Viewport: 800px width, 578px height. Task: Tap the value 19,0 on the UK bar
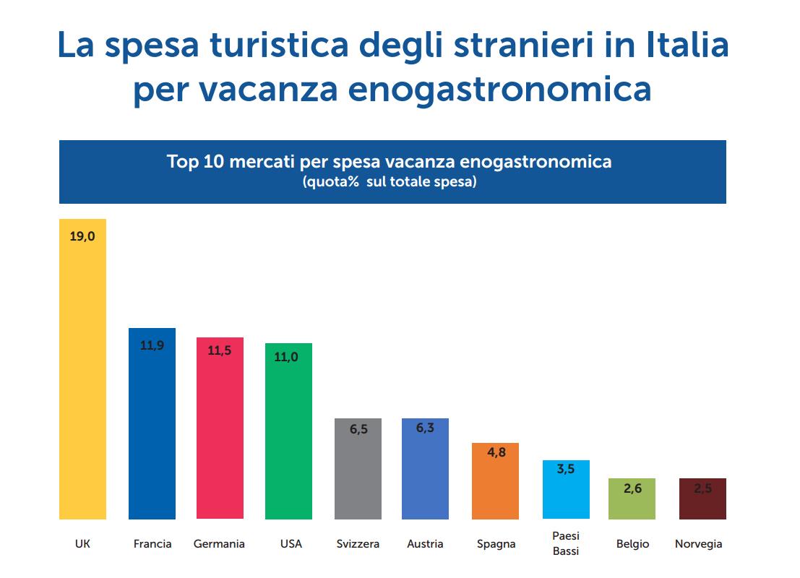[x=82, y=236]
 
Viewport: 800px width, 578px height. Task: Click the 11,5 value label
[x=220, y=351]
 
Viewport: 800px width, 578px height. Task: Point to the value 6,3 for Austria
[x=425, y=428]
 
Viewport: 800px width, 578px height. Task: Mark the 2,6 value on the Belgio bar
[x=632, y=488]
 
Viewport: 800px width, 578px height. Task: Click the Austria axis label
[x=425, y=543]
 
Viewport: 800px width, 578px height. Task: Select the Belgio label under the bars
[x=632, y=544]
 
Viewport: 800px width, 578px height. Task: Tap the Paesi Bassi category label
[x=566, y=543]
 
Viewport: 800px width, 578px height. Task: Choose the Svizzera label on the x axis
[x=358, y=543]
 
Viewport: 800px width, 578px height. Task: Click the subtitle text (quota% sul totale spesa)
[x=390, y=182]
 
